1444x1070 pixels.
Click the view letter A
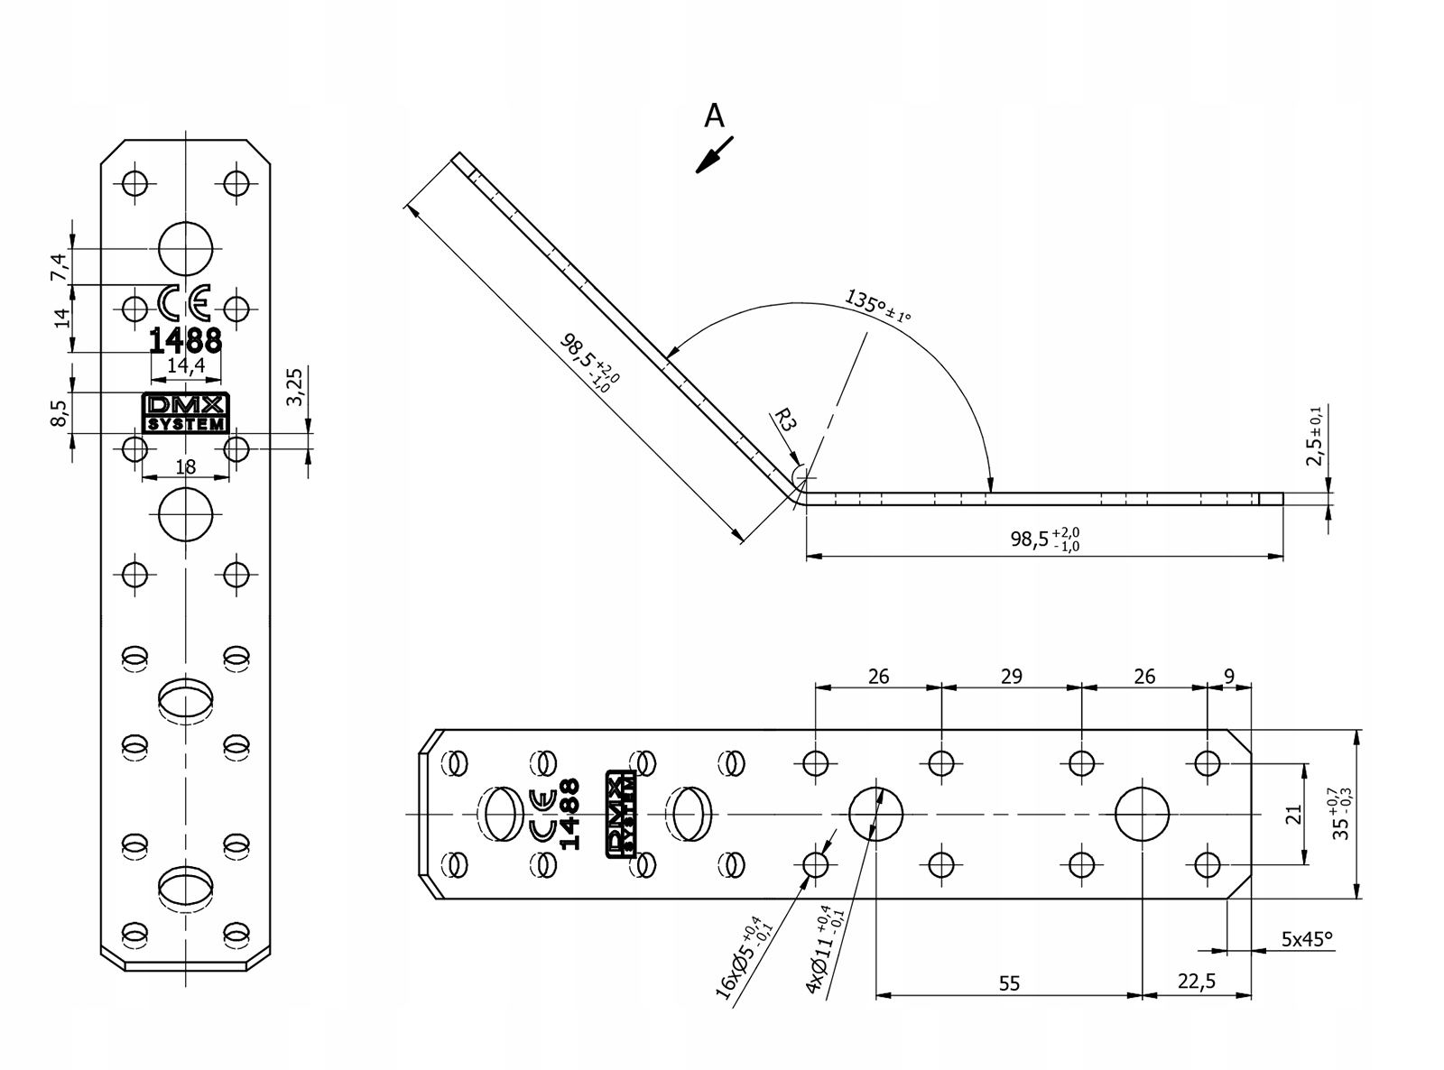714,116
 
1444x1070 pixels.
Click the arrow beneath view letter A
715,155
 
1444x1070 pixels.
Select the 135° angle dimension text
877,306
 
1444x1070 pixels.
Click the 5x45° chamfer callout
1307,938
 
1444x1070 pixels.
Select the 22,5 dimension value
1197,981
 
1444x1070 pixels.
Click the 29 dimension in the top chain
1011,677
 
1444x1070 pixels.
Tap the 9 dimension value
1229,677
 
